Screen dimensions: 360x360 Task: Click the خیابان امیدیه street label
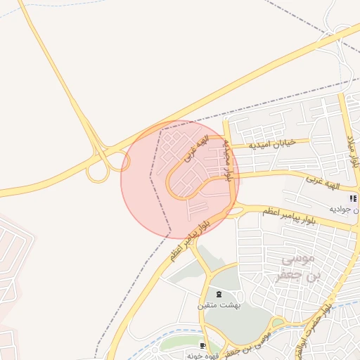coord(276,144)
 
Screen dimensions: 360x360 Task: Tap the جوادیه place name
coord(349,210)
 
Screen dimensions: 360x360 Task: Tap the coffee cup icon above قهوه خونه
coord(203,346)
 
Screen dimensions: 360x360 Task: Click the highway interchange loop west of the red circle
coord(98,171)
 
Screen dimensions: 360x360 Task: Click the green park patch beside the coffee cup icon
coord(179,344)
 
